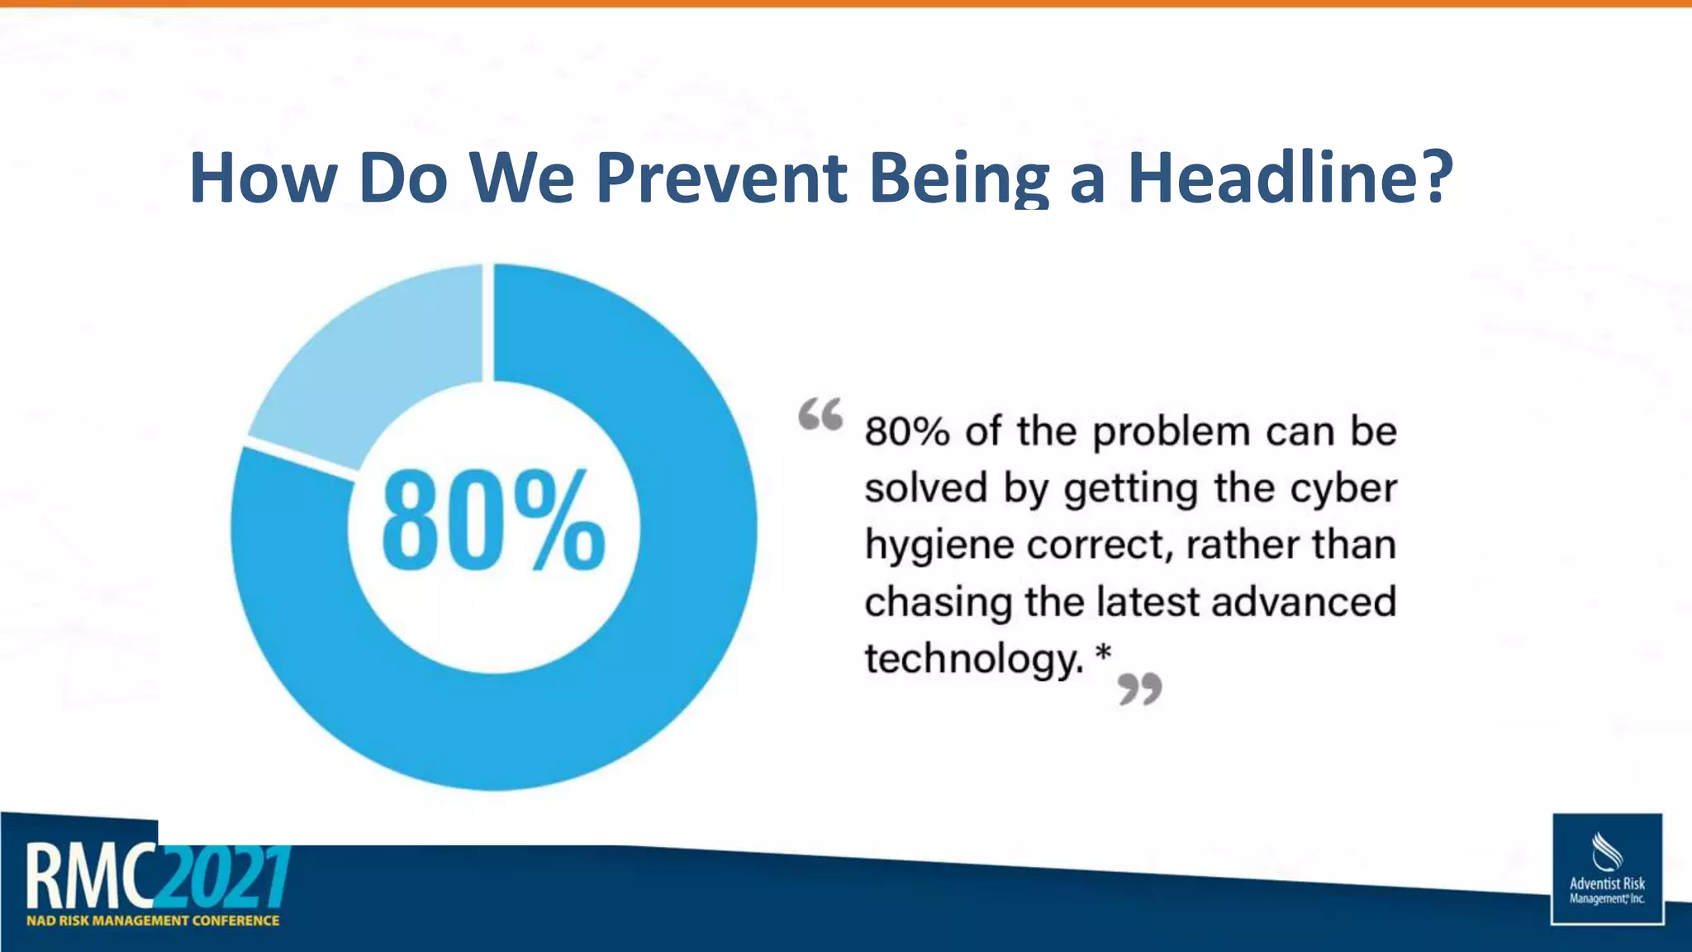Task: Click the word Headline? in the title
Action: point(1290,178)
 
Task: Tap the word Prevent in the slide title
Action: point(721,178)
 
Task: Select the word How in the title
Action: point(263,178)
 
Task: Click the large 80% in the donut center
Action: point(493,521)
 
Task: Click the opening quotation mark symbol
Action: point(820,414)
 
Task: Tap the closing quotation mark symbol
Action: point(1140,688)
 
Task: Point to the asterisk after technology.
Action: point(1103,655)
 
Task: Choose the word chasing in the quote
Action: point(939,602)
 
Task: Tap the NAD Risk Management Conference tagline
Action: point(153,921)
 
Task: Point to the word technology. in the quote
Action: point(973,659)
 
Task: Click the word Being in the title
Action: point(958,178)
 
